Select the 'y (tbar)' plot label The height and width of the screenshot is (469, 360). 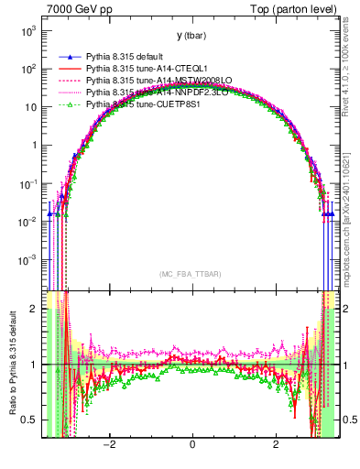point(191,36)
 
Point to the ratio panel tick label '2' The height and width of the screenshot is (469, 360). point(34,309)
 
